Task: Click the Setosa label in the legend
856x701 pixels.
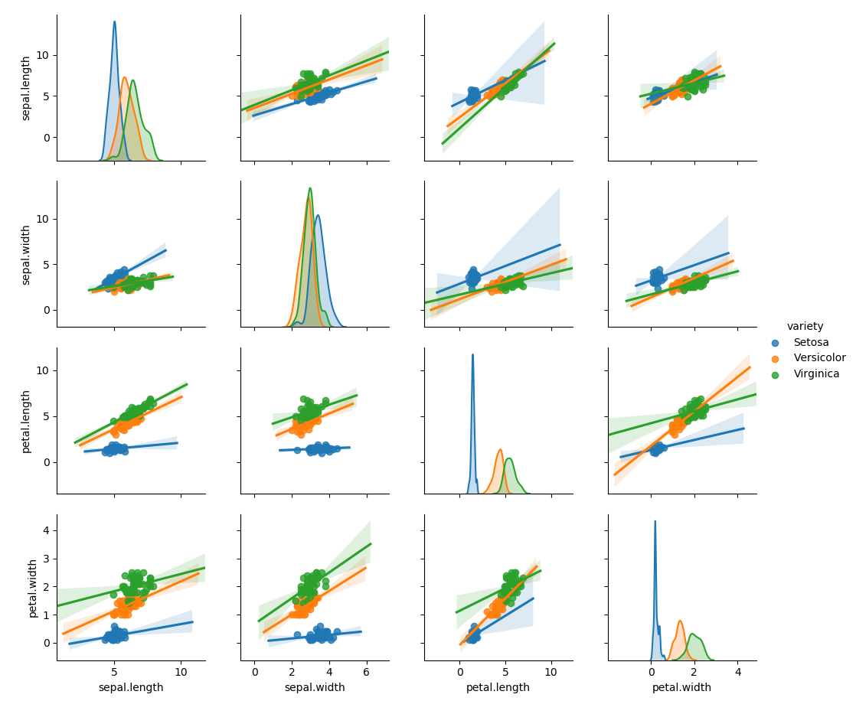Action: [811, 342]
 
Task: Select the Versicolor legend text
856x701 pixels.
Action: [819, 358]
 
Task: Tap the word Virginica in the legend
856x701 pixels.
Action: [816, 374]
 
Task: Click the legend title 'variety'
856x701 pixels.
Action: [805, 326]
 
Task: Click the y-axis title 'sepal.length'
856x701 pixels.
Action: [26, 88]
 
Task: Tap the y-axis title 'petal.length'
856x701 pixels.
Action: [26, 421]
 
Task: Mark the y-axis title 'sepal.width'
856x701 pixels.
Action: [26, 255]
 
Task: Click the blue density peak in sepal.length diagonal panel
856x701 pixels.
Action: [115, 21]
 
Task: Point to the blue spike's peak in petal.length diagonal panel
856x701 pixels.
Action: [472, 354]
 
